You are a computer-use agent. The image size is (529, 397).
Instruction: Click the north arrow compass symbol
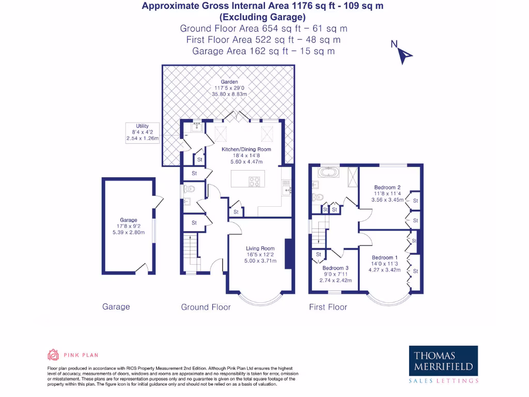click(403, 53)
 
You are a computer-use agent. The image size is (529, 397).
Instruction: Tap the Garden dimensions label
click(229, 91)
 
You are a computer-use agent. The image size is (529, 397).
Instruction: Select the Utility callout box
click(143, 132)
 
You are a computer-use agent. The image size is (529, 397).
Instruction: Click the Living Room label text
click(260, 254)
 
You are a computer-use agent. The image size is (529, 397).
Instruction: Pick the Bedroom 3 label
click(336, 274)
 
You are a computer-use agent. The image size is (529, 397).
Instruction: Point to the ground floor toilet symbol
click(189, 189)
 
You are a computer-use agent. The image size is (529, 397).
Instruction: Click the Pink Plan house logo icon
click(53, 355)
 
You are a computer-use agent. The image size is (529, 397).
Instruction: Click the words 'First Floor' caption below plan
click(328, 307)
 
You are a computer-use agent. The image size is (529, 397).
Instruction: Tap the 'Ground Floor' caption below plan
click(206, 307)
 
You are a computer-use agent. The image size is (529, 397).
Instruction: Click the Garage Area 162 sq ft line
click(263, 51)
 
